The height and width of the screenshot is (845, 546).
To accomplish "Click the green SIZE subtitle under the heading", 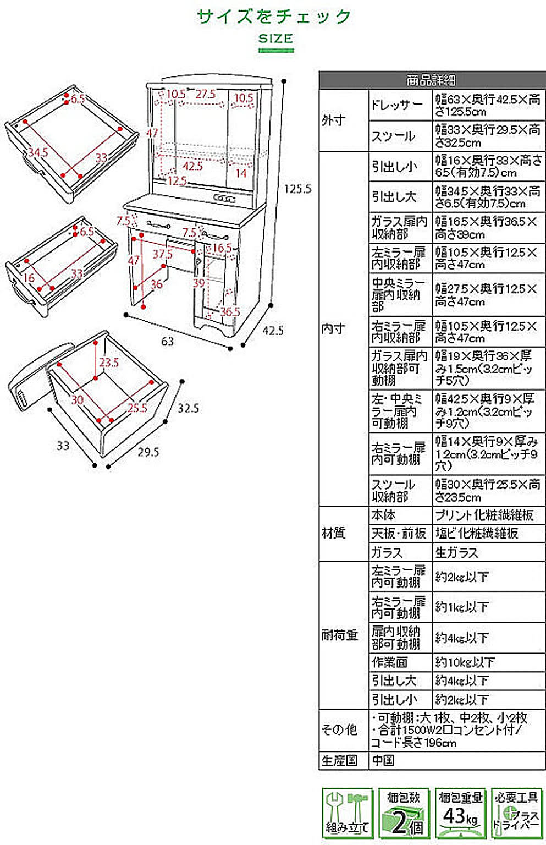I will click(275, 39).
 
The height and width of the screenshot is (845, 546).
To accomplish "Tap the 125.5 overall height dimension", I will click(297, 189).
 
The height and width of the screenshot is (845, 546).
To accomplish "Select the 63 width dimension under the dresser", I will click(167, 341).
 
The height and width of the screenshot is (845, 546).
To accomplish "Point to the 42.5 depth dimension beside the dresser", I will click(273, 331).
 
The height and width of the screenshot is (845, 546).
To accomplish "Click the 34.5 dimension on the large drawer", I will click(38, 152).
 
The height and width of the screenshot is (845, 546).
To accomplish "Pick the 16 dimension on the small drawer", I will click(29, 278).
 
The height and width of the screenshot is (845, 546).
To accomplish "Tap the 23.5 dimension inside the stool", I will click(109, 363).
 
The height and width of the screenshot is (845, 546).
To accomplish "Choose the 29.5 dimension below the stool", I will click(148, 452).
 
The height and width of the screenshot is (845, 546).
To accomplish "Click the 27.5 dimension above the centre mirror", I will click(205, 94).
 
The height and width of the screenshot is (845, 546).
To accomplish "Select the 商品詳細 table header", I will click(432, 80).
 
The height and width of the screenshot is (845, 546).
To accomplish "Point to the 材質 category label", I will click(334, 533).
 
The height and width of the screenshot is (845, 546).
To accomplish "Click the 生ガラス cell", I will click(457, 552).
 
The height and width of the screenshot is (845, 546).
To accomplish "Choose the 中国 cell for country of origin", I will click(383, 760).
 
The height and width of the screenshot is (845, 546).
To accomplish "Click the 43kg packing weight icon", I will click(460, 813).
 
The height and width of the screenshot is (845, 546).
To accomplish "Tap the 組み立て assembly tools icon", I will click(347, 813).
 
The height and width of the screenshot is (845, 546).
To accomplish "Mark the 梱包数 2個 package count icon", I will click(404, 813).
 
